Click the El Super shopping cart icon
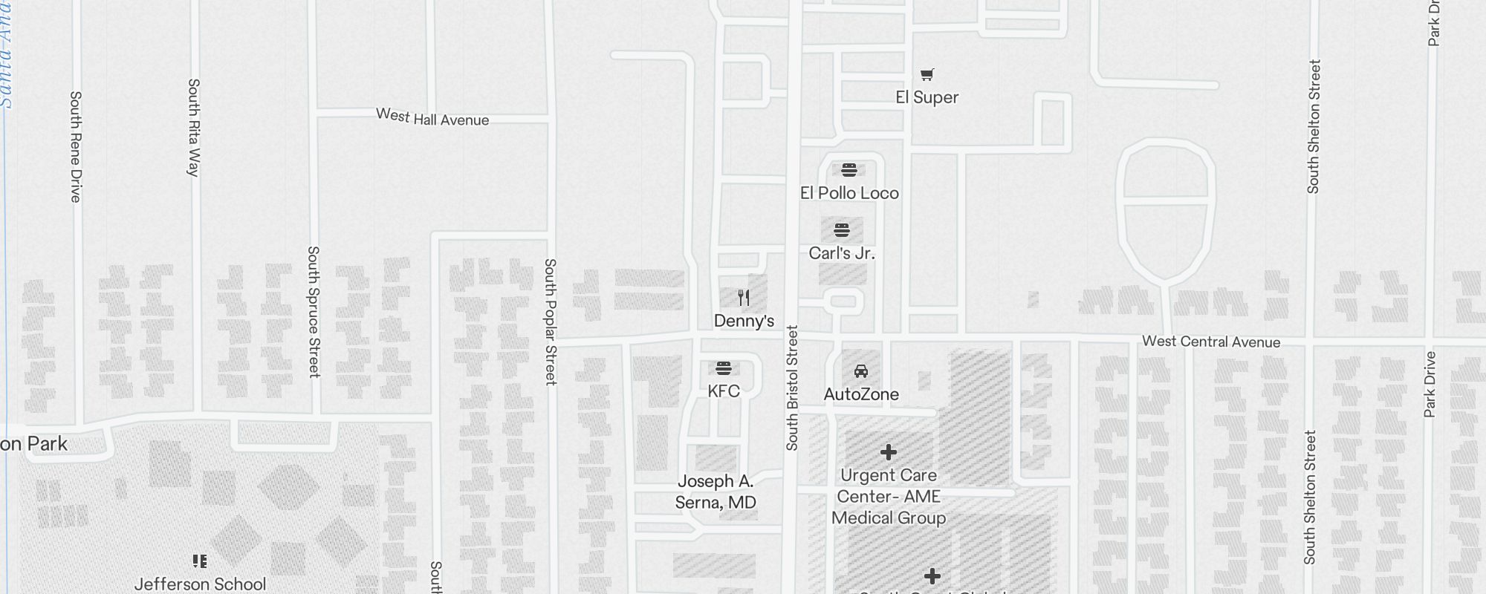point(927,74)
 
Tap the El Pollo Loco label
point(849,193)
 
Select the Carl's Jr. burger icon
point(841,229)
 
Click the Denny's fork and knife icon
point(744,298)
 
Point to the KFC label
point(724,391)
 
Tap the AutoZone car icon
point(861,371)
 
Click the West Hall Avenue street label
point(432,117)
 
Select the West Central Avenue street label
point(1211,342)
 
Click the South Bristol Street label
point(792,388)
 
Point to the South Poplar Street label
point(551,322)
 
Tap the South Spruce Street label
point(314,312)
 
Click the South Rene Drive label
point(75,146)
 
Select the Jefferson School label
point(200,584)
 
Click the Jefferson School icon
point(199,561)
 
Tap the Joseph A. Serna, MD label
point(716,492)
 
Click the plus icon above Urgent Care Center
point(889,452)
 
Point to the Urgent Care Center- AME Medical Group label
point(889,497)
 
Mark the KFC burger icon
point(724,368)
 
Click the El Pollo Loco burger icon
point(849,169)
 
